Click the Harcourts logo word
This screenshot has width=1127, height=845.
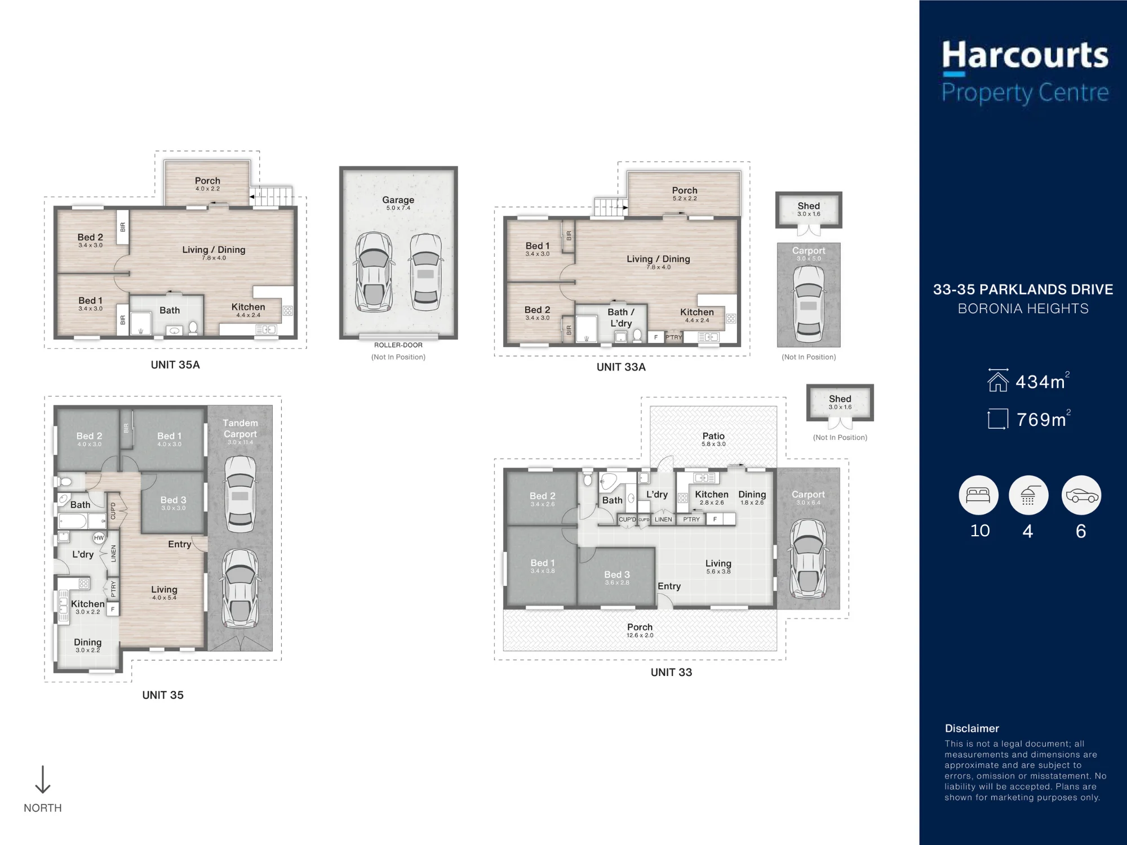(x=1025, y=55)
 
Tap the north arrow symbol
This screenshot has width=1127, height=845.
(x=43, y=780)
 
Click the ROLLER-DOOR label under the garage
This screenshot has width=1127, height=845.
(x=398, y=345)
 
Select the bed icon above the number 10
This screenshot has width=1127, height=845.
(x=979, y=495)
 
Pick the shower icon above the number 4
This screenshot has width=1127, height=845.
(x=1028, y=495)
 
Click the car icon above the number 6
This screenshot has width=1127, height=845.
(x=1081, y=495)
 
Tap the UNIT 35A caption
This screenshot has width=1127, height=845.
(x=175, y=365)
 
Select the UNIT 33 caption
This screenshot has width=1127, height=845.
(x=671, y=672)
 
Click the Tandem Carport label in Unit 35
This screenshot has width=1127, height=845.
(x=240, y=428)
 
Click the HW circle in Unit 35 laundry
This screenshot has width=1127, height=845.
(x=99, y=538)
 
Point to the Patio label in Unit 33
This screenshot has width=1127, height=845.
(x=713, y=435)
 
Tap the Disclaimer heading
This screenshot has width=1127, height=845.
(x=972, y=728)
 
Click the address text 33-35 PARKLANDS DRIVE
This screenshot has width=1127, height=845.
(x=1023, y=290)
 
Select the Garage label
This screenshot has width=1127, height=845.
(x=398, y=199)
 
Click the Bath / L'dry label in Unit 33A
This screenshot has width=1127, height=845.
(x=621, y=317)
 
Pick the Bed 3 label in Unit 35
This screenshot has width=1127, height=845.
(x=173, y=500)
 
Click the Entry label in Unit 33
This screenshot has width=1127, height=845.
(x=669, y=586)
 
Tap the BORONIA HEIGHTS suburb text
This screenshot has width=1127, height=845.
(x=1023, y=309)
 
